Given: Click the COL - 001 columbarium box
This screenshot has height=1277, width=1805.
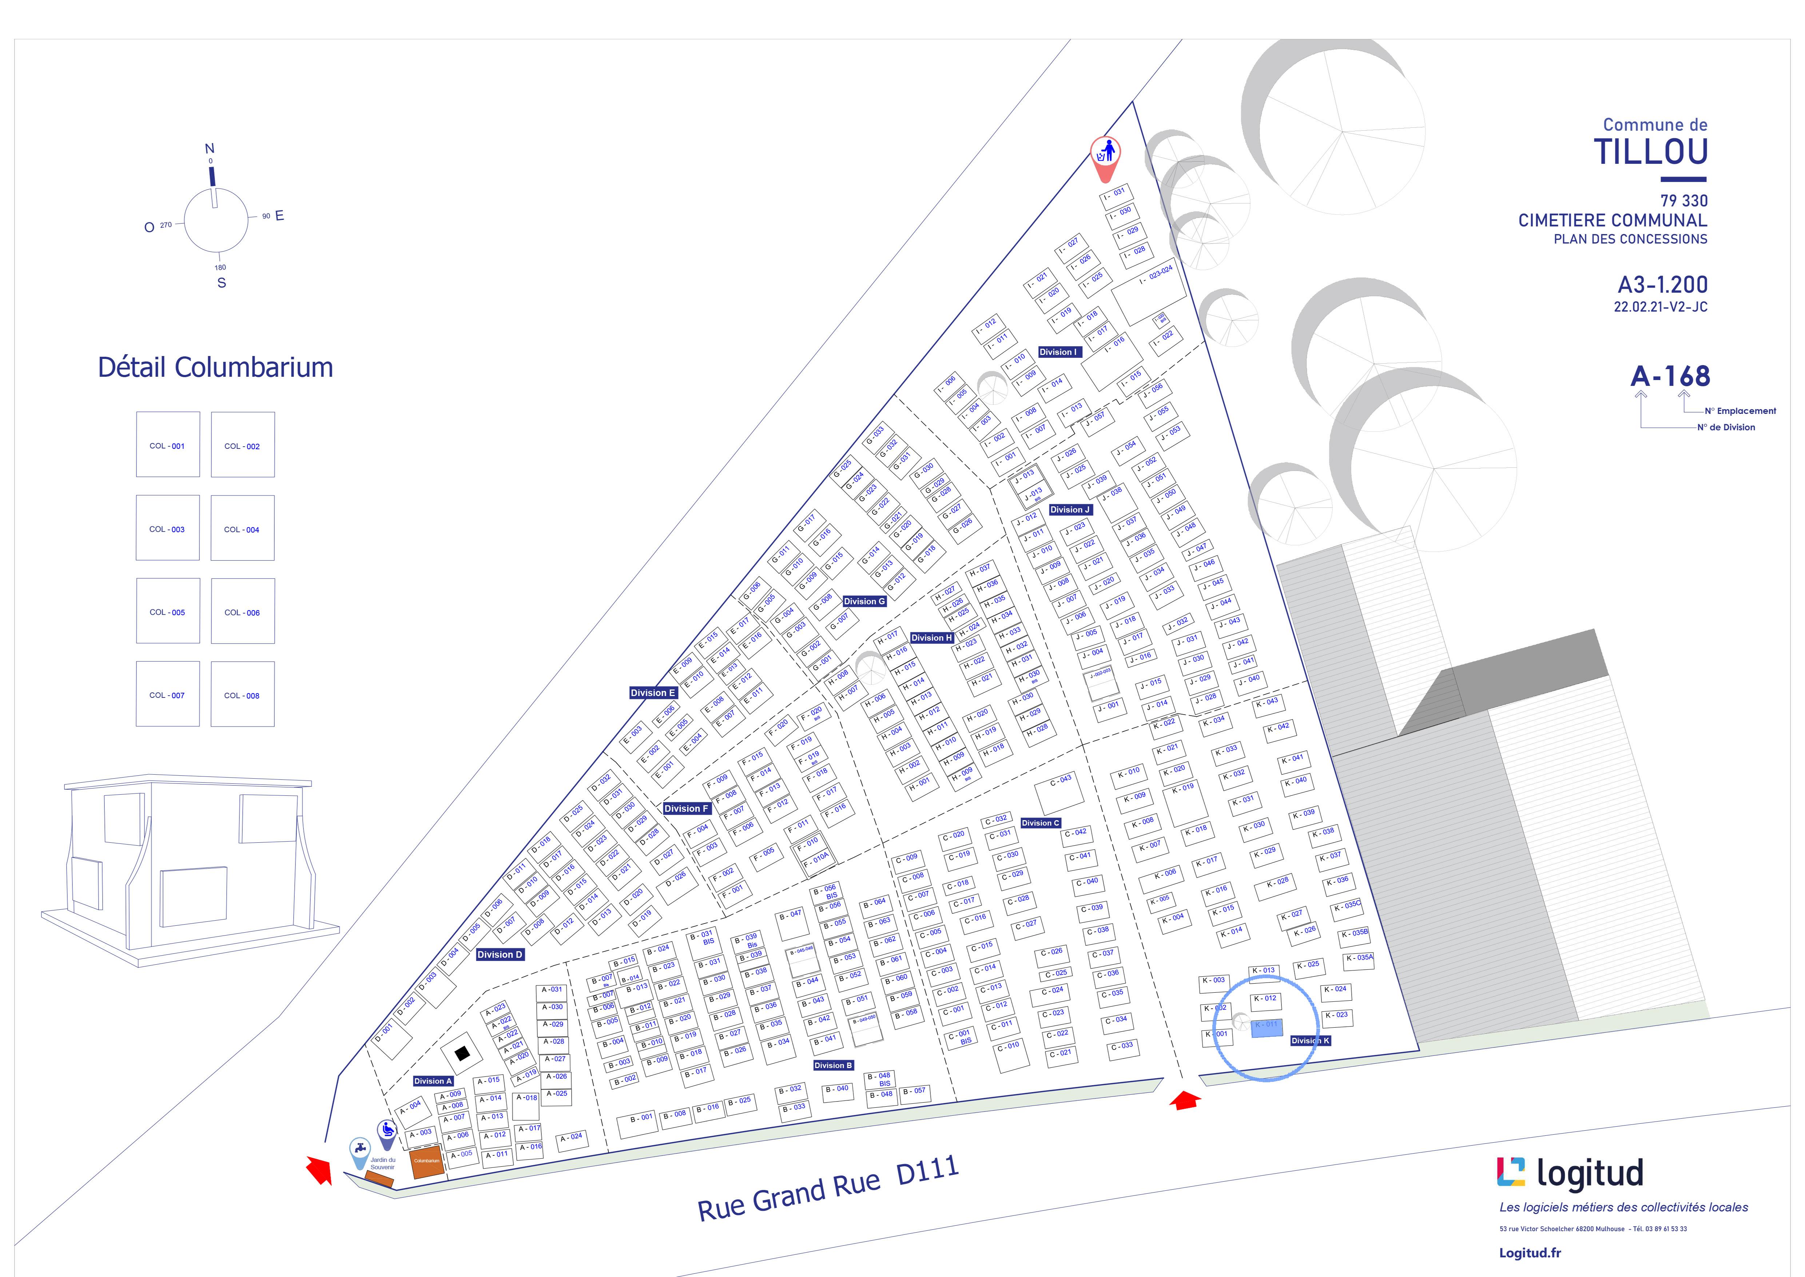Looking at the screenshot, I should pyautogui.click(x=167, y=445).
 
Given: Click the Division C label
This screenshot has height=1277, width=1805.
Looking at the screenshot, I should pyautogui.click(x=1040, y=822).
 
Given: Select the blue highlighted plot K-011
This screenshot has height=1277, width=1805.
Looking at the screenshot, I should pyautogui.click(x=1266, y=1028).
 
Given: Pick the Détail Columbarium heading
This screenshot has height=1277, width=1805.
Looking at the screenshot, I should pyautogui.click(x=215, y=367).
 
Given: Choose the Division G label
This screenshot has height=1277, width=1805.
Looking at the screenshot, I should pyautogui.click(x=864, y=601).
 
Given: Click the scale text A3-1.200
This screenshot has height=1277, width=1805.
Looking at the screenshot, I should pyautogui.click(x=1662, y=285).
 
